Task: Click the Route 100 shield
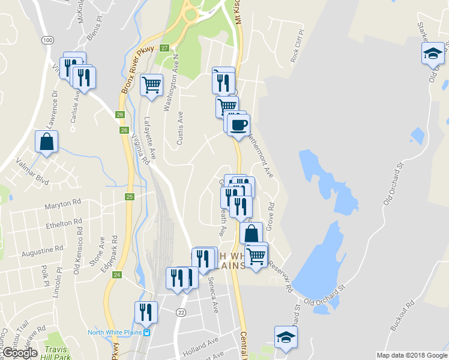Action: (47, 40)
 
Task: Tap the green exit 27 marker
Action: (164, 48)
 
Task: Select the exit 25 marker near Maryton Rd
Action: (129, 196)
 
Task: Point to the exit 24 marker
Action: (117, 274)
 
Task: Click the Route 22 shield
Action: (181, 312)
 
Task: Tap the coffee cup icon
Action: (239, 125)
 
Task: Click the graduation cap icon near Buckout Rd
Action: (286, 337)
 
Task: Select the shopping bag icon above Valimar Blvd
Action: (46, 142)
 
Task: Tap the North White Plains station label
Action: (118, 332)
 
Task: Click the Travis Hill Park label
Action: (58, 353)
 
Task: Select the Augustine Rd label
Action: (42, 250)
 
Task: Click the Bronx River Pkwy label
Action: (137, 70)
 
